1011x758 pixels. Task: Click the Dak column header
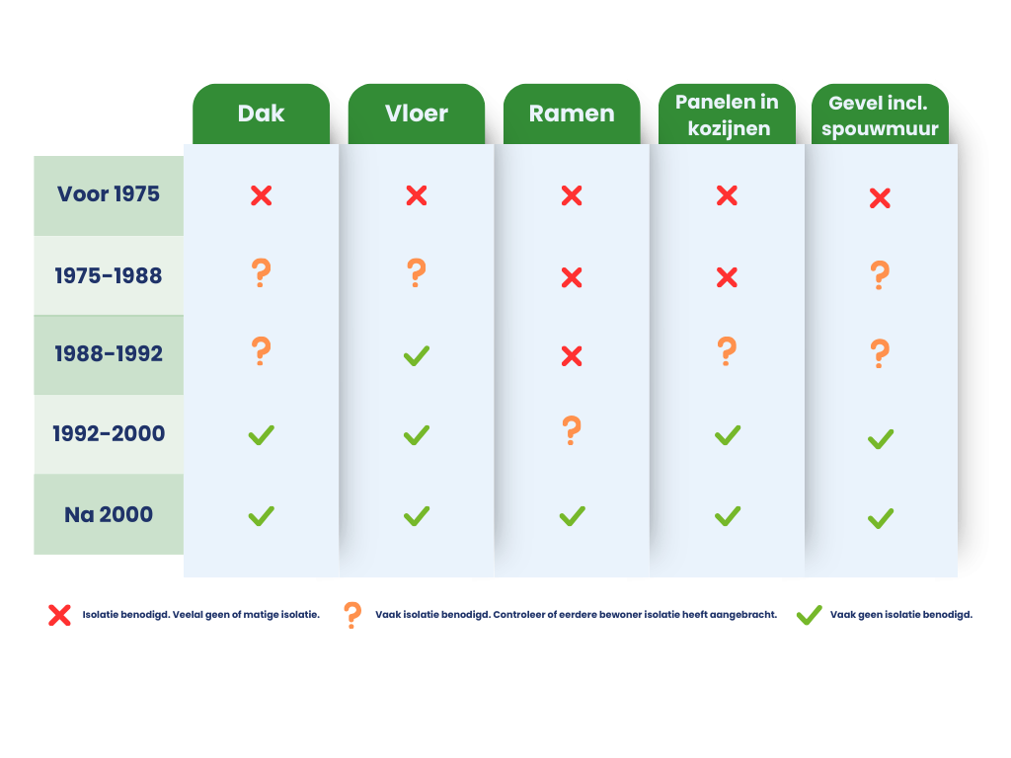point(261,114)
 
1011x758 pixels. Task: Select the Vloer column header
point(416,114)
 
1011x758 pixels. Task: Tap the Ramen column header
point(572,114)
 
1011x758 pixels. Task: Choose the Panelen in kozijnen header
point(727,114)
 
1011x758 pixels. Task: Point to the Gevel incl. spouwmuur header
point(880,114)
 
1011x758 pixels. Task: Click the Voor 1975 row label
point(109,193)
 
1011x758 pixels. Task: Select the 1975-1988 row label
point(109,275)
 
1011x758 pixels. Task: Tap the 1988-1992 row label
point(109,353)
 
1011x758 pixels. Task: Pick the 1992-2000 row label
point(109,433)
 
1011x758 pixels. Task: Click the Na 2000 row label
point(109,514)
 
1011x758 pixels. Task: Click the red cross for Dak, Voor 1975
point(261,195)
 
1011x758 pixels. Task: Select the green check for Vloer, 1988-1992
point(416,355)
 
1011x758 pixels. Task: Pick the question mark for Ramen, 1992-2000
point(572,430)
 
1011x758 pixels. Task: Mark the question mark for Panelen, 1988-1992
point(727,351)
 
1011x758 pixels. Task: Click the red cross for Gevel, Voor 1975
point(880,198)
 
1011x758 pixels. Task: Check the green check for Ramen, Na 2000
point(572,515)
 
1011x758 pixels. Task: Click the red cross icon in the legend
point(59,615)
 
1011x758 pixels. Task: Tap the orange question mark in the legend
point(351,615)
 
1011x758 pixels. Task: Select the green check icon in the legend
point(809,615)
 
